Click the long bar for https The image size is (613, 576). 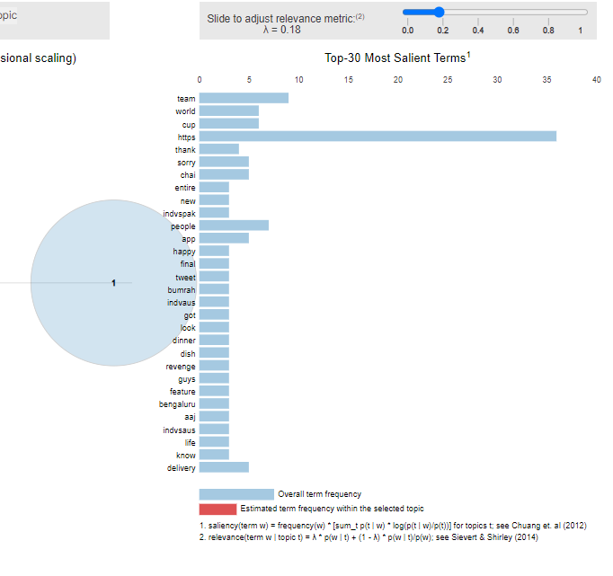[x=378, y=137]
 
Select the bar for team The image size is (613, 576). [x=244, y=98]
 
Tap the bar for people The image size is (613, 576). [x=234, y=226]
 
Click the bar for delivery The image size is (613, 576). [x=224, y=467]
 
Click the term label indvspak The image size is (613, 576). [x=179, y=213]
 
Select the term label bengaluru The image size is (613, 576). [x=177, y=404]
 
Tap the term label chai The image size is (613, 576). [x=187, y=174]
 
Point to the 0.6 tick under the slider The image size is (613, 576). [x=512, y=31]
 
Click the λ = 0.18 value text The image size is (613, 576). [x=281, y=30]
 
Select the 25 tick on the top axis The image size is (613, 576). [x=448, y=80]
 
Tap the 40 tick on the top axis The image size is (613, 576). [x=596, y=80]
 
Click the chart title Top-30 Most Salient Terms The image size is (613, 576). [x=396, y=58]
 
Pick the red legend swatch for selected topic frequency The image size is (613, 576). [x=218, y=509]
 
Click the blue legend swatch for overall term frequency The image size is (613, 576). [x=236, y=494]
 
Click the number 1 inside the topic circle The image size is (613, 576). [x=113, y=283]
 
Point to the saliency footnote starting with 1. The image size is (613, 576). [x=393, y=526]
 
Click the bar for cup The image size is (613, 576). [x=228, y=124]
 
